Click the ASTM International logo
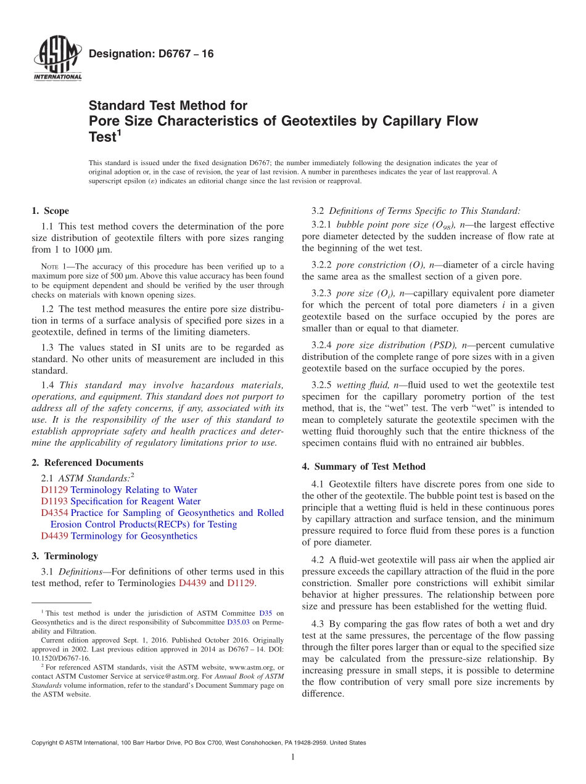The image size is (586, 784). click(x=57, y=60)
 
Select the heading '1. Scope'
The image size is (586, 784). click(x=50, y=211)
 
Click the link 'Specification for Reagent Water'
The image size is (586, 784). click(x=136, y=501)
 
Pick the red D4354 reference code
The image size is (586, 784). click(x=54, y=513)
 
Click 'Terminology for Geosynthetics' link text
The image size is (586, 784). click(x=134, y=536)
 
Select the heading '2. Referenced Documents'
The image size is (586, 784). click(x=88, y=462)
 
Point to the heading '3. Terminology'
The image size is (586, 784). click(x=65, y=556)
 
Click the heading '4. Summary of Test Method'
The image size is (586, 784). click(x=363, y=467)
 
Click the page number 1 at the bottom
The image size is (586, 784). click(x=292, y=757)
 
